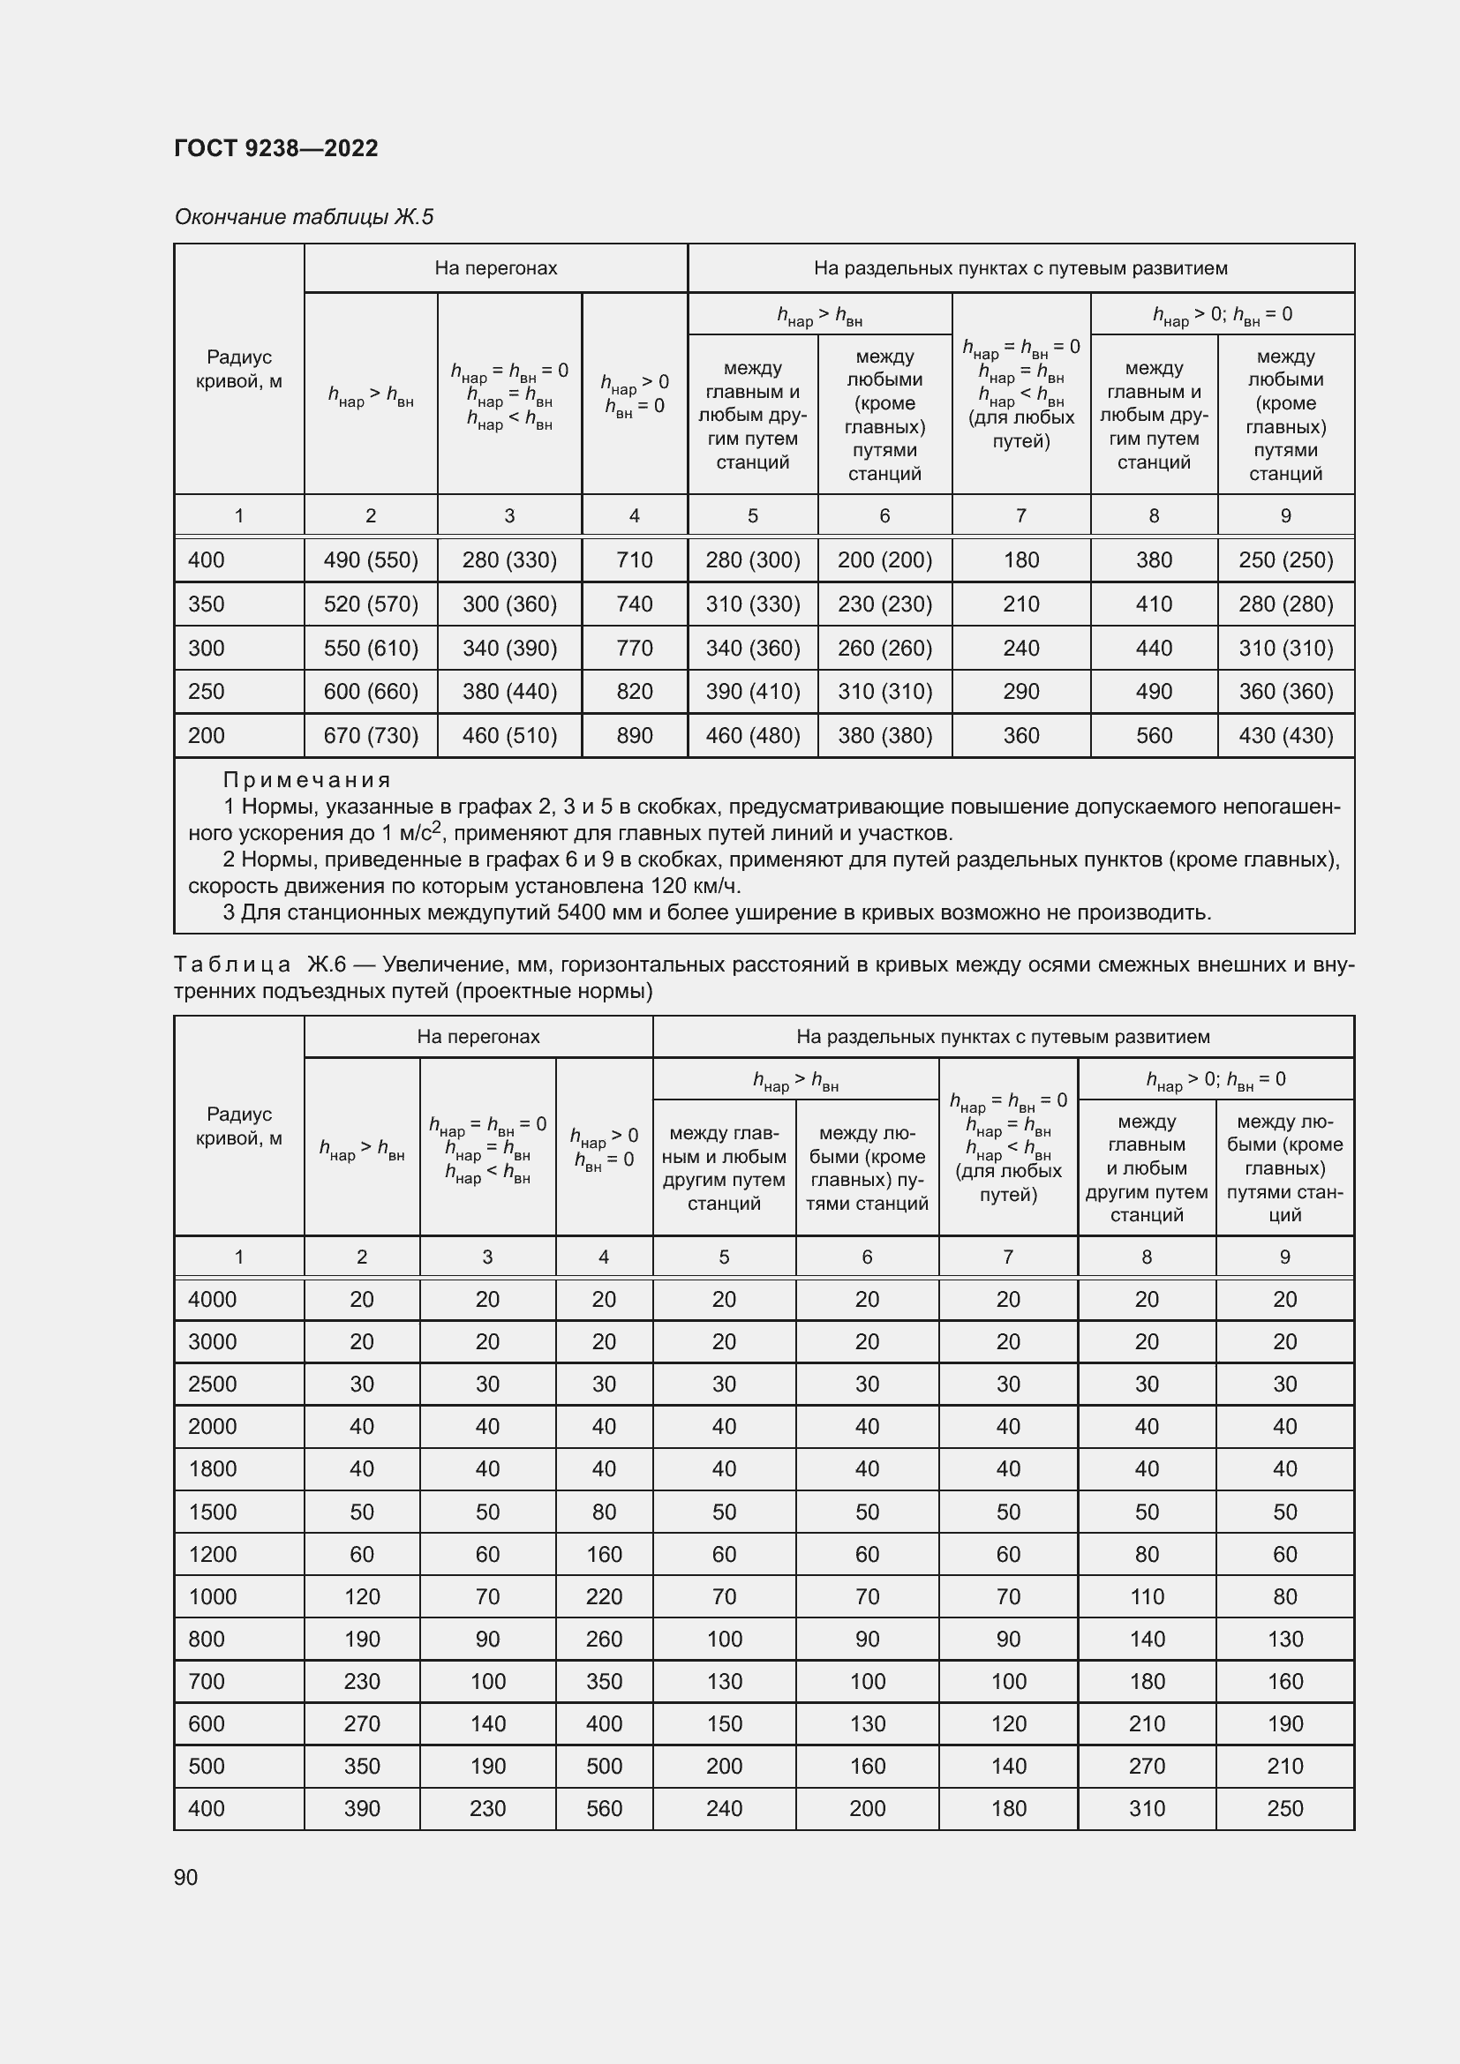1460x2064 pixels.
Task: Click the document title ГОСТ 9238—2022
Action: (276, 148)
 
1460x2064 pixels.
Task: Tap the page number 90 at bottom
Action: (186, 1877)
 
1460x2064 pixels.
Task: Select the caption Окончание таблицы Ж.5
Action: (304, 217)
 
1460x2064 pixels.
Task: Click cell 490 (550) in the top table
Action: (371, 560)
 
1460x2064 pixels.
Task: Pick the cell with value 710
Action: (634, 560)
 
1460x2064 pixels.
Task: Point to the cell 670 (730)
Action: (371, 735)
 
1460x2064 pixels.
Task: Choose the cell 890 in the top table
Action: (634, 735)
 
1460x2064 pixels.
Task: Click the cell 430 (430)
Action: (1284, 735)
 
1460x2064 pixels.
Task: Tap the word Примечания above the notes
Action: (306, 779)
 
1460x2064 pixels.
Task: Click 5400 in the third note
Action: (581, 912)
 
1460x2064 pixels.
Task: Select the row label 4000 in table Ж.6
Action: (212, 1299)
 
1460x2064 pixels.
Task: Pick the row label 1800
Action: (212, 1469)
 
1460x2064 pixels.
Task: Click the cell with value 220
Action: (603, 1596)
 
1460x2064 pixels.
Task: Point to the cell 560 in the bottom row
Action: (603, 1809)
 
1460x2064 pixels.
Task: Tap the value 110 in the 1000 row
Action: (1147, 1596)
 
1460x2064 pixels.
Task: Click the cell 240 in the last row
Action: (724, 1809)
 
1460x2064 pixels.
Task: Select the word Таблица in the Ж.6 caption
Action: (232, 964)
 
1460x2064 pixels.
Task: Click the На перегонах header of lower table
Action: (478, 1037)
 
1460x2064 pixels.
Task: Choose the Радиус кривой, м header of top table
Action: (238, 369)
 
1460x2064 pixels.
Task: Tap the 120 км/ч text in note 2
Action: (695, 886)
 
